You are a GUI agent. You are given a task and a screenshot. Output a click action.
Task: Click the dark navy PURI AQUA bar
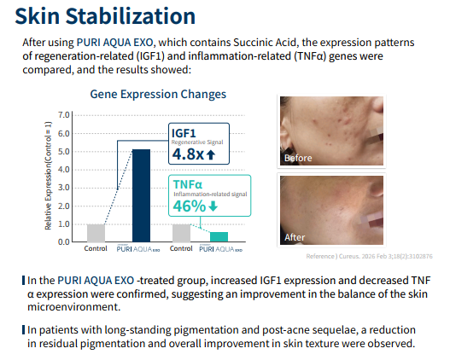[141, 195]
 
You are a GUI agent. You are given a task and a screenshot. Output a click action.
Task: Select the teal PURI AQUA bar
[219, 237]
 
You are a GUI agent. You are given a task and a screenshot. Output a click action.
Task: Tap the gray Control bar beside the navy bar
[96, 233]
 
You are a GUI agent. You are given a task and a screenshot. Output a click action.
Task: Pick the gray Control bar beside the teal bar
[181, 233]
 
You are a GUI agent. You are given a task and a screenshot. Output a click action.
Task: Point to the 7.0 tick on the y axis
[64, 115]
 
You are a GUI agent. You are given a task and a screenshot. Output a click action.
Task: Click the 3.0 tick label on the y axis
[64, 188]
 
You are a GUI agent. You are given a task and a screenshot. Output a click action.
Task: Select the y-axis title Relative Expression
[48, 176]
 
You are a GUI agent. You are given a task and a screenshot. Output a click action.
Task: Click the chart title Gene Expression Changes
[158, 95]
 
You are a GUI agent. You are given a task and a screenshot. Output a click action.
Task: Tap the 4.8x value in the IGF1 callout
[188, 154]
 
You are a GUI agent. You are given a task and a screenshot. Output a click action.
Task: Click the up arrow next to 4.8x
[211, 154]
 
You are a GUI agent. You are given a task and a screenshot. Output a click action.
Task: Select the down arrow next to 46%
[213, 206]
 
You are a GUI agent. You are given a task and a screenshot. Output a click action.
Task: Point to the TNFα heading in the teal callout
[188, 184]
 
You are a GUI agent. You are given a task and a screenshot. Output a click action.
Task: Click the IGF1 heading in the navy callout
[184, 133]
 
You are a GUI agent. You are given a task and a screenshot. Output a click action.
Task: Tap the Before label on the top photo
[298, 158]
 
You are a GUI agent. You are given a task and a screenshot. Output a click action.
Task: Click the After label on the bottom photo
[295, 237]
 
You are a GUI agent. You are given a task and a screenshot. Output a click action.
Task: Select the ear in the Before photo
[286, 135]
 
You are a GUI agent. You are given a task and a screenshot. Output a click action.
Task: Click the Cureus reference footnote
[370, 256]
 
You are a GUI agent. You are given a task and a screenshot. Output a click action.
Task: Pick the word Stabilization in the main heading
[131, 16]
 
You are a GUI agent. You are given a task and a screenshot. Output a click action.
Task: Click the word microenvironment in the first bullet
[73, 307]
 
